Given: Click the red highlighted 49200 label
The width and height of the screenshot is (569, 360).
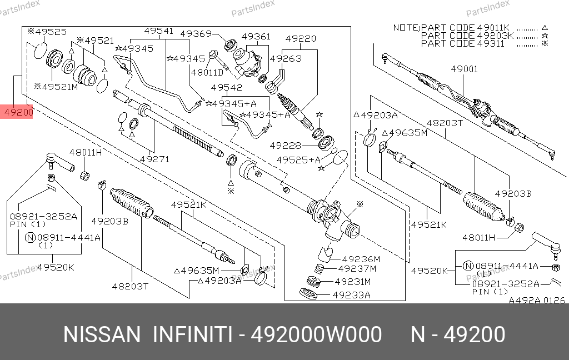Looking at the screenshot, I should [x=18, y=113].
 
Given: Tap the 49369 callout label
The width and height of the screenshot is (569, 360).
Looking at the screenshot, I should [x=198, y=34].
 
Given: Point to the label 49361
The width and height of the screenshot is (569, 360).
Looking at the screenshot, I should [x=256, y=37].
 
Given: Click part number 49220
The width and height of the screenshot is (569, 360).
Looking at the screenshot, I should [x=301, y=39].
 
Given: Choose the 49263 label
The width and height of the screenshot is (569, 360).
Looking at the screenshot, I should [x=286, y=58].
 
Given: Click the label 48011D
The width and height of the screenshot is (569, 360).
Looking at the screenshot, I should [x=207, y=72].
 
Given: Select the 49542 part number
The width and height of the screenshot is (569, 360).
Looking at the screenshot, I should [x=227, y=88].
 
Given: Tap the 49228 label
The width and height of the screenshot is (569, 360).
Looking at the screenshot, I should [x=285, y=146].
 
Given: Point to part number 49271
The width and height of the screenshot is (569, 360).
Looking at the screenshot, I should [x=154, y=159].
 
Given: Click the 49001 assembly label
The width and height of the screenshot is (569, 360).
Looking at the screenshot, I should [x=464, y=69].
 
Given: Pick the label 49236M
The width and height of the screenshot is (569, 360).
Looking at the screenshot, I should [x=361, y=259].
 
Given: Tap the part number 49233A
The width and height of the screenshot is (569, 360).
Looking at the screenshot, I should [x=352, y=296].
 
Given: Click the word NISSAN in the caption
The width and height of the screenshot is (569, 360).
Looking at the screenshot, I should [x=102, y=335].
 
